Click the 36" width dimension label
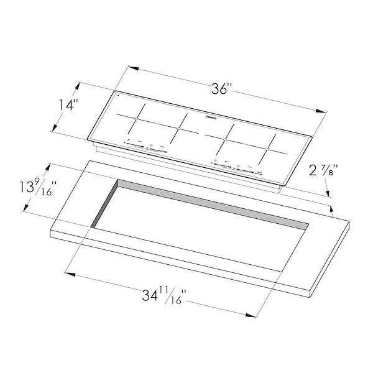pos(220,88)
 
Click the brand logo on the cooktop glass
pos(210,115)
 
